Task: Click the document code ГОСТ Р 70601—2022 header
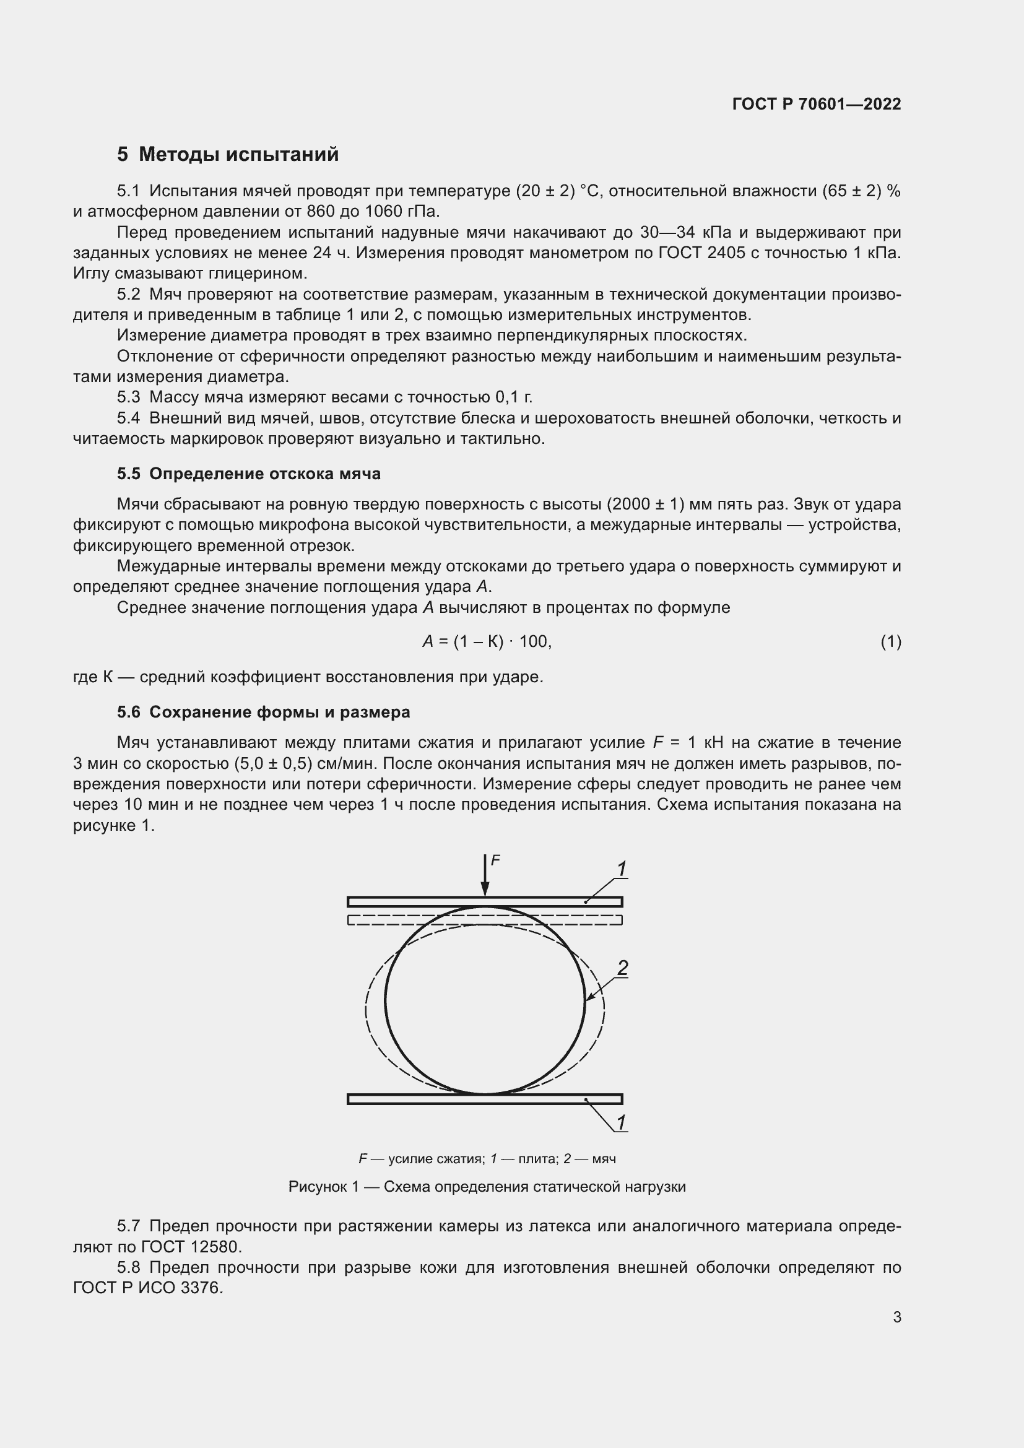[817, 104]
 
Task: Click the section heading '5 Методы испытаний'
[228, 154]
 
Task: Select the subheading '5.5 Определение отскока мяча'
[248, 474]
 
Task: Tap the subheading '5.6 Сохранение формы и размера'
[263, 712]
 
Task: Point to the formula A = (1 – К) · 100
[487, 641]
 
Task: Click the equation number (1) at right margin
[890, 641]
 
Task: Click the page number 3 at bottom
[896, 1317]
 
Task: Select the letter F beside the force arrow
[495, 860]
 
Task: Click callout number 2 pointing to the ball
[622, 968]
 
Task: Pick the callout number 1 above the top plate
[621, 869]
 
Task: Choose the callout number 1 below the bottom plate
[621, 1122]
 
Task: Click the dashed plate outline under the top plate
[484, 920]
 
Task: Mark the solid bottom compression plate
[484, 1099]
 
